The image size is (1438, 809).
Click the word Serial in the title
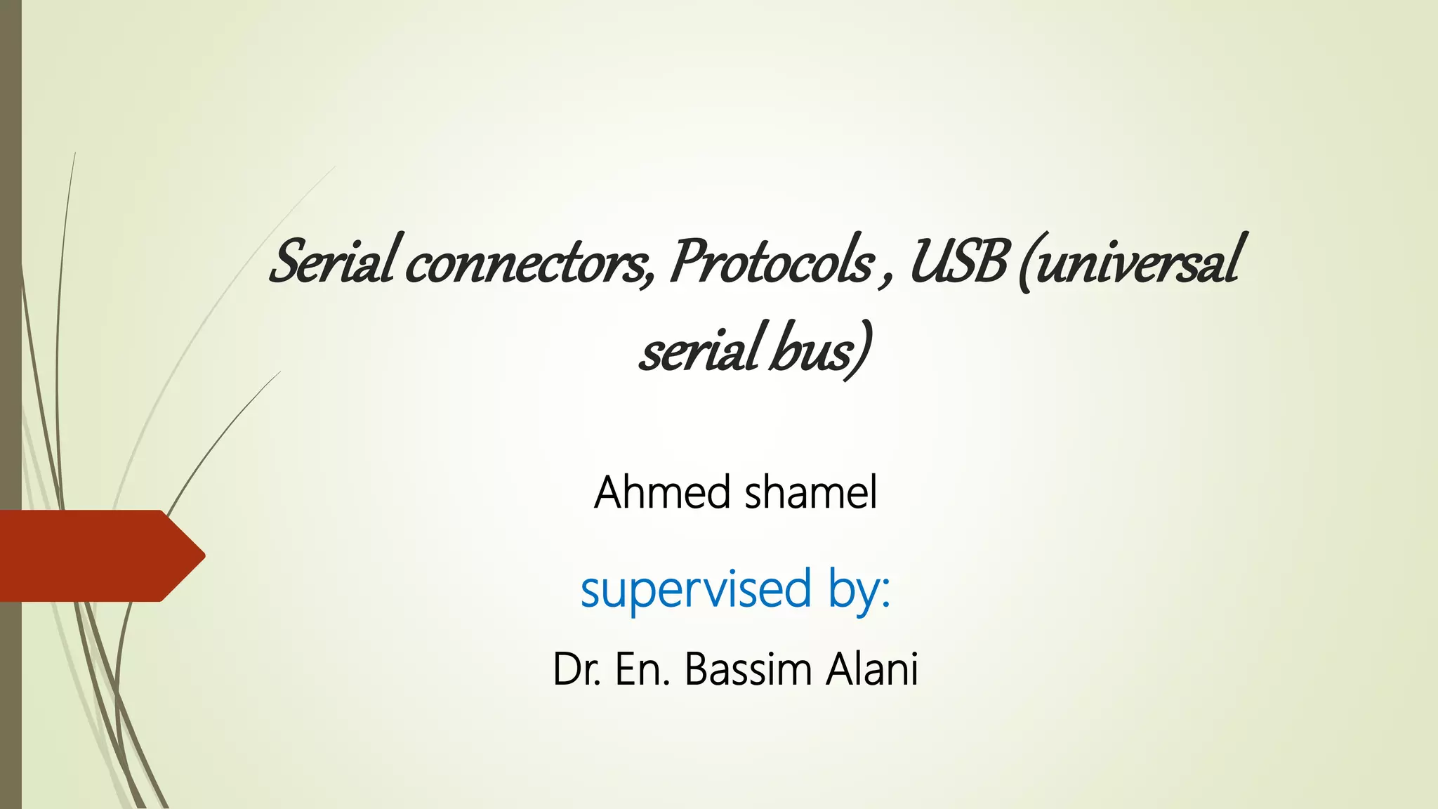coord(332,261)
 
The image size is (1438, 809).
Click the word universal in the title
coord(1137,261)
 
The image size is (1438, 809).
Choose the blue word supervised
coord(696,589)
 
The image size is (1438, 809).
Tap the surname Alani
coord(872,669)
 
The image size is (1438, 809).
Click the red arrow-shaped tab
coord(98,555)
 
